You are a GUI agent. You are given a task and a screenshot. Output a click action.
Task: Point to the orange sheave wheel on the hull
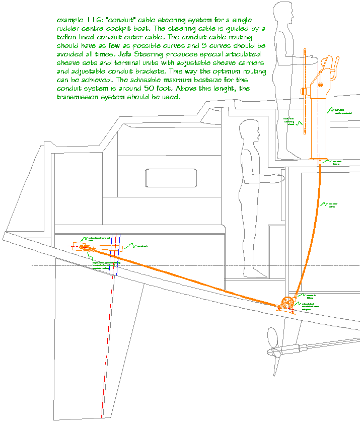[x=286, y=304]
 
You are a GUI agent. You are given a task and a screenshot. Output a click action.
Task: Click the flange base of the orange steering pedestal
[x=318, y=159]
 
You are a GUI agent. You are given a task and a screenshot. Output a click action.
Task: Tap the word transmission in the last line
[x=79, y=97]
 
